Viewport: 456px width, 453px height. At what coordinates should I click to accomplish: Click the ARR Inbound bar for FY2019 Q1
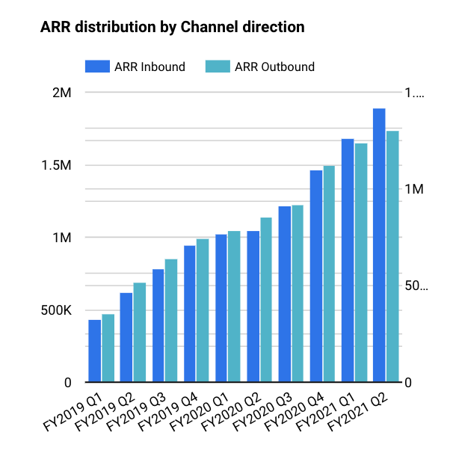[x=94, y=351]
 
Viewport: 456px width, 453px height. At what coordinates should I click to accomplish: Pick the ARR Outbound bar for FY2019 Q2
[x=140, y=333]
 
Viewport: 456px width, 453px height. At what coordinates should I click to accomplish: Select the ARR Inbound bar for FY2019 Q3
[x=158, y=326]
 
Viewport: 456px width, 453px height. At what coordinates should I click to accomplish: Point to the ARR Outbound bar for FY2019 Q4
[x=203, y=311]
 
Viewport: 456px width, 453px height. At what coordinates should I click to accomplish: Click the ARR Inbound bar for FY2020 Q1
[x=221, y=309]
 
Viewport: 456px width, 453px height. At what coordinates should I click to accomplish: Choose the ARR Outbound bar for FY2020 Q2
[x=265, y=300]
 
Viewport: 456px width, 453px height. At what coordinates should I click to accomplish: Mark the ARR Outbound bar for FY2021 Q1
[x=361, y=263]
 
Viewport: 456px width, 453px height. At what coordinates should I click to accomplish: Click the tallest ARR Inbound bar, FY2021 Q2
[x=379, y=245]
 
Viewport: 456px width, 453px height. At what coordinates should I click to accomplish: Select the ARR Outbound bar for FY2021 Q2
[x=392, y=256]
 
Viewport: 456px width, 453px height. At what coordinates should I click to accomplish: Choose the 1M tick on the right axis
[x=413, y=190]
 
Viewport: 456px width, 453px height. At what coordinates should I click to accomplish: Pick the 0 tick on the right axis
[x=408, y=383]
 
